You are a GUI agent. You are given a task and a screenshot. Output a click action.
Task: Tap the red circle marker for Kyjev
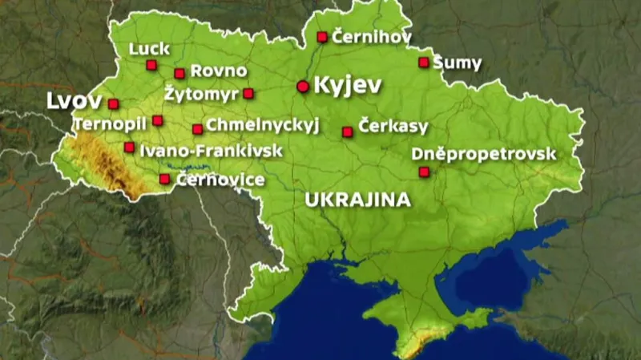(x=303, y=86)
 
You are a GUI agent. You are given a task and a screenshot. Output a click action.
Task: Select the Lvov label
(x=75, y=102)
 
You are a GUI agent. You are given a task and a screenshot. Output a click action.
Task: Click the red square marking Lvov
(x=113, y=103)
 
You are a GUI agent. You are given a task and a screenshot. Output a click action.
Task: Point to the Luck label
(x=150, y=49)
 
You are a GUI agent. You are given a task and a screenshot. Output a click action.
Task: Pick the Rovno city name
(x=219, y=71)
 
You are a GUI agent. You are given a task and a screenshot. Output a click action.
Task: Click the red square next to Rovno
(x=179, y=73)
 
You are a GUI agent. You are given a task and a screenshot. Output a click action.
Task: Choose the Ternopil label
(x=110, y=124)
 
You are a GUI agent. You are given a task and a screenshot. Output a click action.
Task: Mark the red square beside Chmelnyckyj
(x=197, y=128)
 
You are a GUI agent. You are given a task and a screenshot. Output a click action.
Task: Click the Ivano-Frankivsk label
(x=200, y=150)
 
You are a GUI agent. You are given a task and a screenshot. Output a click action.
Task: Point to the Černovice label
(x=220, y=179)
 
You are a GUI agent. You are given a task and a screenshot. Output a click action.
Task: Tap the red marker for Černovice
(x=164, y=179)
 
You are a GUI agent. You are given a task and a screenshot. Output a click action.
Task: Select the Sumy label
(x=458, y=62)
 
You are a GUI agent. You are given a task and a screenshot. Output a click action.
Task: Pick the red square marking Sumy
(x=423, y=62)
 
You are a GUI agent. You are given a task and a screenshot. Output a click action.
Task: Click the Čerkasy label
(x=393, y=127)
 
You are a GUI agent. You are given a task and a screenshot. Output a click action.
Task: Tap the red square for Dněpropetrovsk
(x=424, y=171)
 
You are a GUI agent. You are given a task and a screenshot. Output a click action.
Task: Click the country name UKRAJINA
(x=358, y=200)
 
